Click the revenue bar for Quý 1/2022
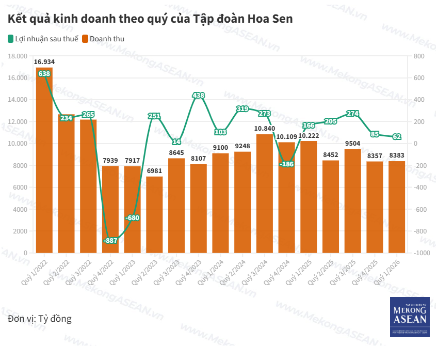pyautogui.click(x=44, y=160)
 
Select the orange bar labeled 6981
pyautogui.click(x=154, y=214)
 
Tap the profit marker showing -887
pyautogui.click(x=110, y=241)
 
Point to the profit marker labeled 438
pyautogui.click(x=199, y=95)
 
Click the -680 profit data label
pyautogui.click(x=133, y=218)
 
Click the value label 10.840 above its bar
pyautogui.click(x=265, y=128)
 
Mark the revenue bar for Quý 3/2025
pyautogui.click(x=353, y=201)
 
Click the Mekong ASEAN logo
pyautogui.click(x=410, y=317)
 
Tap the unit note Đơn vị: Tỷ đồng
pyautogui.click(x=40, y=319)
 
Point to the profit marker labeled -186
pyautogui.click(x=287, y=164)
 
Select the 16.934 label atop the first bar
pyautogui.click(x=44, y=61)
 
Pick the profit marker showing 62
pyautogui.click(x=397, y=136)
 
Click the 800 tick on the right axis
pyautogui.click(x=418, y=56)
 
